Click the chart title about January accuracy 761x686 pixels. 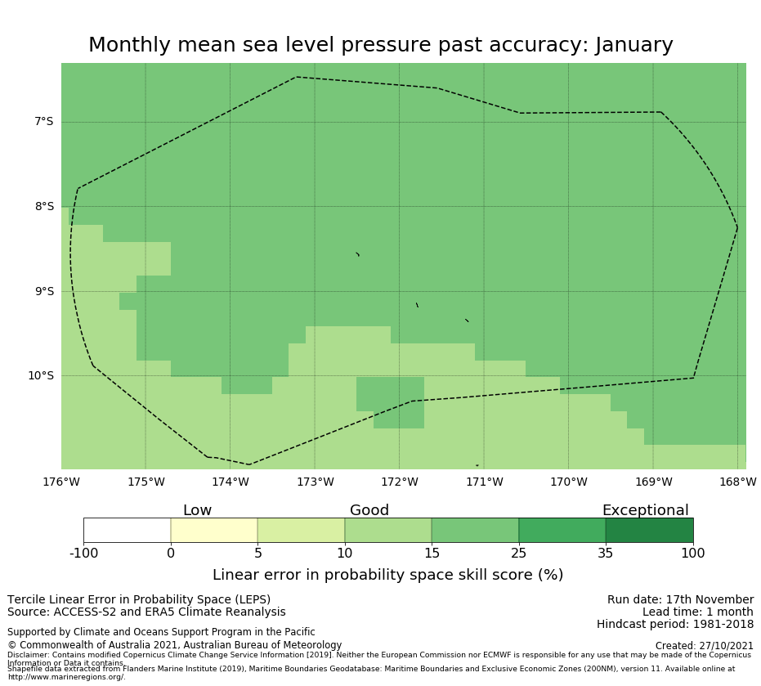tap(380, 45)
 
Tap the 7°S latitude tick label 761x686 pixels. tap(43, 122)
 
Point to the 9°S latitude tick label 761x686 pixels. tap(43, 291)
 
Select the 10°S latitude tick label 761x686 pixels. tap(41, 376)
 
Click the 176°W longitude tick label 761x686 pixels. tap(61, 482)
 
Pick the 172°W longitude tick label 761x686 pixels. tap(399, 482)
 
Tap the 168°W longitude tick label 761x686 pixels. tap(737, 482)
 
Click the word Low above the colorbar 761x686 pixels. tap(197, 510)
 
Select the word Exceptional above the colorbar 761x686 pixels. tap(645, 510)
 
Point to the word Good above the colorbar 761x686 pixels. tap(369, 510)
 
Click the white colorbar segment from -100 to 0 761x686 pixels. tap(127, 530)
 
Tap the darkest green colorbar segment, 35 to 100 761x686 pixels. tap(649, 530)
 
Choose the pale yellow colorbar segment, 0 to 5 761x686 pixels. tap(214, 530)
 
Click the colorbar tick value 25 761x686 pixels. tap(518, 554)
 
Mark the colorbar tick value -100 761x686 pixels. tap(83, 554)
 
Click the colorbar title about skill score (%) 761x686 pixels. tap(387, 575)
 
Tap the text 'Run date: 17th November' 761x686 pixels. tap(680, 599)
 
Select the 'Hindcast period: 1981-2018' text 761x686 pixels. tap(674, 624)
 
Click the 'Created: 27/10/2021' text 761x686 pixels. tap(704, 645)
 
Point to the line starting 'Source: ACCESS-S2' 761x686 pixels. tap(146, 612)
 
